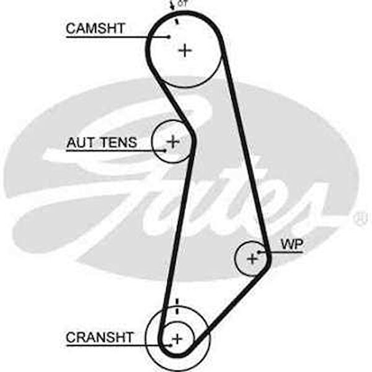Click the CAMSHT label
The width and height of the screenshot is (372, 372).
click(x=95, y=29)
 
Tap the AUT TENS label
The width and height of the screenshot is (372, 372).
click(x=102, y=143)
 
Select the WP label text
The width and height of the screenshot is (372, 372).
click(x=291, y=244)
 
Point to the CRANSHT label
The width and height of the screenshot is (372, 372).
click(x=100, y=337)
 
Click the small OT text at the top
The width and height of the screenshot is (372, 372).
click(x=182, y=3)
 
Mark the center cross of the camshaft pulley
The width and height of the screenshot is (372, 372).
click(x=185, y=50)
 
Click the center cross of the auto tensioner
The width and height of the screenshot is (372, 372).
click(x=172, y=141)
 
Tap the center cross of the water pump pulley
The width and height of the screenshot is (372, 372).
click(x=252, y=258)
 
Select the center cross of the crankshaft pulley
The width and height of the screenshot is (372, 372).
click(x=177, y=339)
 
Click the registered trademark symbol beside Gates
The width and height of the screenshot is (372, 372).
click(x=360, y=219)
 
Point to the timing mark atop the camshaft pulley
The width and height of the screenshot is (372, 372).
click(x=176, y=20)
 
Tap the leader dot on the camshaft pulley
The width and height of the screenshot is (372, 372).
click(x=169, y=36)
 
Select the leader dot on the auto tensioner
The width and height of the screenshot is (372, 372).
click(x=164, y=149)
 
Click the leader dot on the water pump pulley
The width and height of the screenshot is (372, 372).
click(x=260, y=252)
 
